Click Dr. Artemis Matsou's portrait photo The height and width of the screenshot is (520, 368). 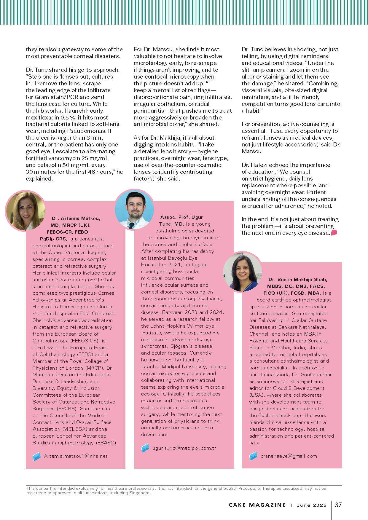point(26,210)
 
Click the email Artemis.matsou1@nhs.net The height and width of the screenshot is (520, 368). point(76,456)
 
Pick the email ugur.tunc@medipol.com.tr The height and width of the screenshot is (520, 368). point(184,448)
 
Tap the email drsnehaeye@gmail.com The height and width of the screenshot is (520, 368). point(289,456)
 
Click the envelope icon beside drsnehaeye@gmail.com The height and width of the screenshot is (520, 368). point(253,456)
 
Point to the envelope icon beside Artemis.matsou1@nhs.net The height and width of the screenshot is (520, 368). point(37,457)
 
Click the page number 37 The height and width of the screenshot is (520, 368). point(338,505)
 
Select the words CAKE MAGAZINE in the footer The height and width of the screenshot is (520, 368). point(257,505)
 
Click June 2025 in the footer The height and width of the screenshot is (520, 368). point(312,505)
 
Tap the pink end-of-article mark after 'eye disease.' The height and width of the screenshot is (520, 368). point(334,233)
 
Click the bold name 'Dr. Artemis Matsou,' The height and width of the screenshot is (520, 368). point(76,218)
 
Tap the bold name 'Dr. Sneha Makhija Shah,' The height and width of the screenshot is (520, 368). point(298,279)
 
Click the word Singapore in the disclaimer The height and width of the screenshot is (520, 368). point(139,493)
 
